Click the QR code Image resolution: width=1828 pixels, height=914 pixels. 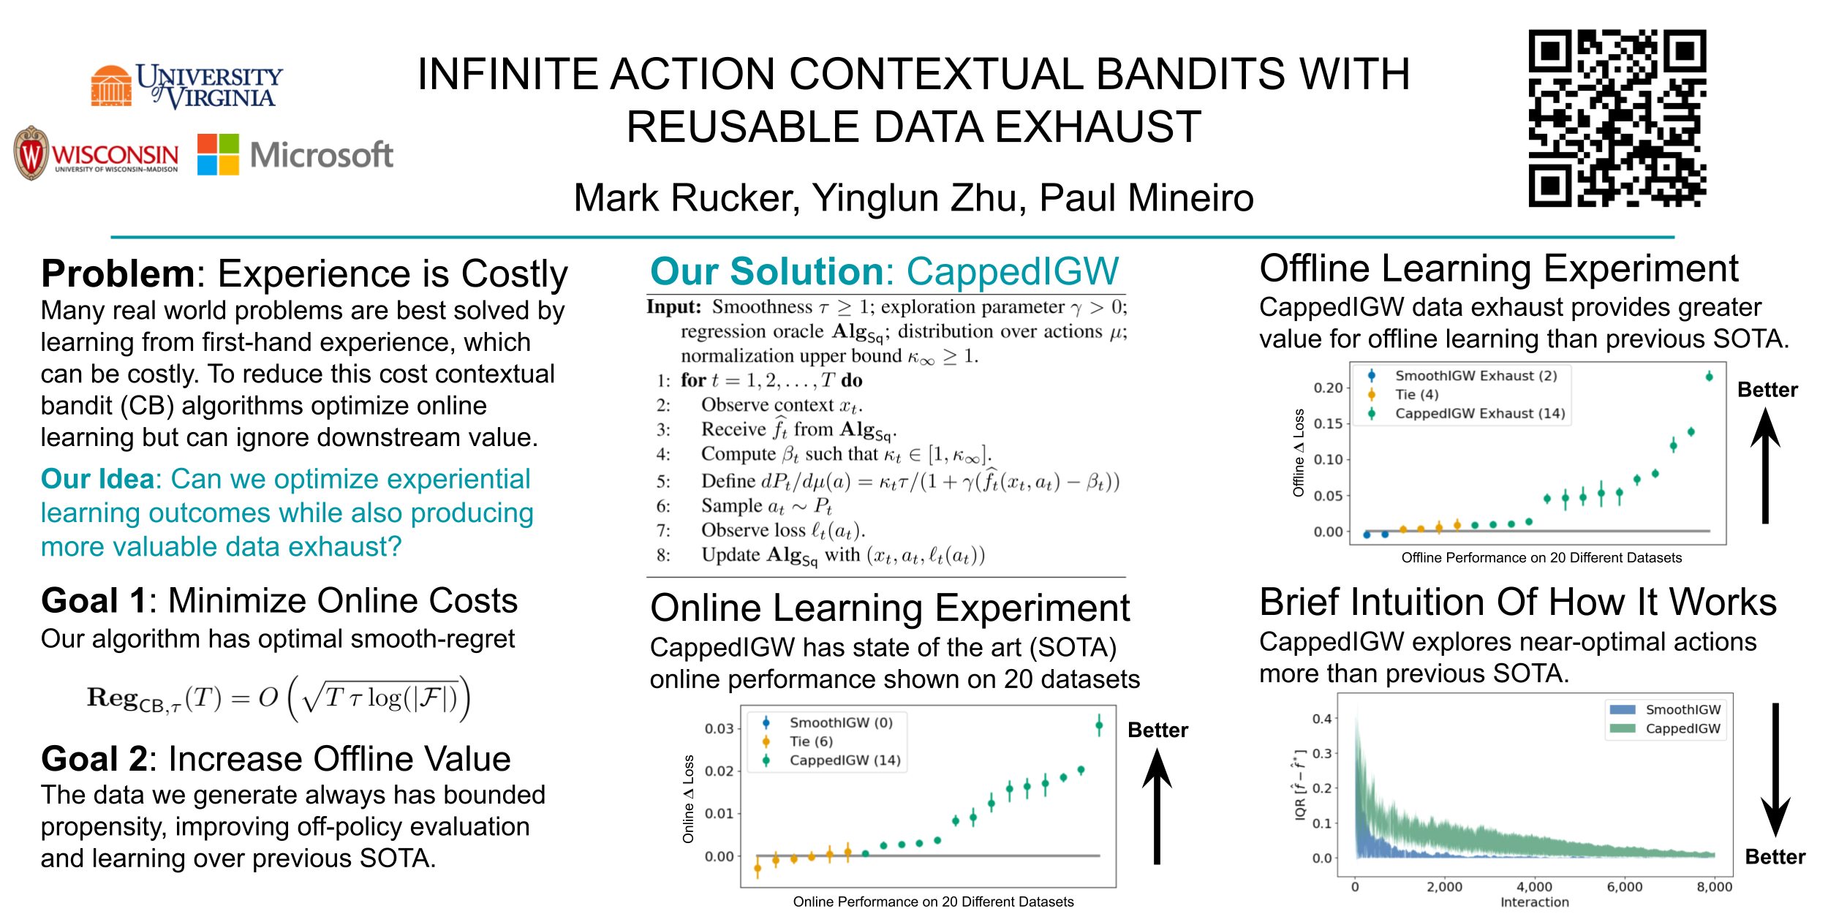[x=1617, y=118]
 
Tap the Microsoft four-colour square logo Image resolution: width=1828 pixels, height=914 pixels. [x=218, y=154]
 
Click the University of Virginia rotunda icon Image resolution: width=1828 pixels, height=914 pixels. [x=111, y=86]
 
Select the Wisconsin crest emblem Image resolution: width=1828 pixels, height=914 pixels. [x=31, y=153]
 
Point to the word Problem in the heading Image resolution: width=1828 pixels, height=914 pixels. [x=118, y=274]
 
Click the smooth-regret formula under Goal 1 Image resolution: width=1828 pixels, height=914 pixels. [x=279, y=698]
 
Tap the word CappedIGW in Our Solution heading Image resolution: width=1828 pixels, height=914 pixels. [x=1013, y=271]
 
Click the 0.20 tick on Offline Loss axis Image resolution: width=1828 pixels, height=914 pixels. [x=1328, y=388]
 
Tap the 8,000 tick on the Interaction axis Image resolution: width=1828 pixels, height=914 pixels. [x=1714, y=887]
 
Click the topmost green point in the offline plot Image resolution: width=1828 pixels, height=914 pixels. [x=1709, y=377]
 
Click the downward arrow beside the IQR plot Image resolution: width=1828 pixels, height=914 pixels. [x=1775, y=770]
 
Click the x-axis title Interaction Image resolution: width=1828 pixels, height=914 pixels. [x=1534, y=902]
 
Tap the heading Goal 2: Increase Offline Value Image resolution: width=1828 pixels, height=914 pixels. [x=276, y=759]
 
